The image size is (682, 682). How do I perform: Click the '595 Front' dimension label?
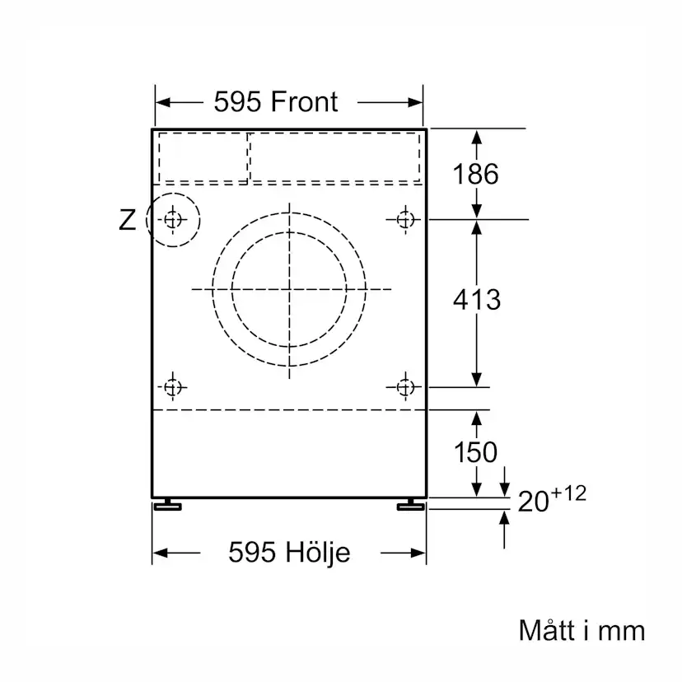[276, 102]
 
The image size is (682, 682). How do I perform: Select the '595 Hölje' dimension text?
[289, 552]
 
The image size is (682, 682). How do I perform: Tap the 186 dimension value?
[476, 174]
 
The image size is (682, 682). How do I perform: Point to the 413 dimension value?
[476, 300]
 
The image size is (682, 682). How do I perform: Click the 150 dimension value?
[476, 452]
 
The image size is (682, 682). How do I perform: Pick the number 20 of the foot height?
[533, 501]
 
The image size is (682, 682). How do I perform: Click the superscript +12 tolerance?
[569, 493]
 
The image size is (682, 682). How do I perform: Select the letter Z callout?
[127, 220]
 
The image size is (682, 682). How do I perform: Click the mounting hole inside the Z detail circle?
[172, 219]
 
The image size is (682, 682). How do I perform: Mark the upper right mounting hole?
[404, 219]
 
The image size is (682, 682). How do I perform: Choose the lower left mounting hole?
[172, 386]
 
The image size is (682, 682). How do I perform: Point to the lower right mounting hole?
[404, 386]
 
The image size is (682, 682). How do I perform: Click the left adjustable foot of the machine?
[167, 505]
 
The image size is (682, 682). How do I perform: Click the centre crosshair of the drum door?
[289, 289]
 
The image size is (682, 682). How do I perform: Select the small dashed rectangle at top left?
[203, 156]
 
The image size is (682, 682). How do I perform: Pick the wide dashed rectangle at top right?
[335, 156]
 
